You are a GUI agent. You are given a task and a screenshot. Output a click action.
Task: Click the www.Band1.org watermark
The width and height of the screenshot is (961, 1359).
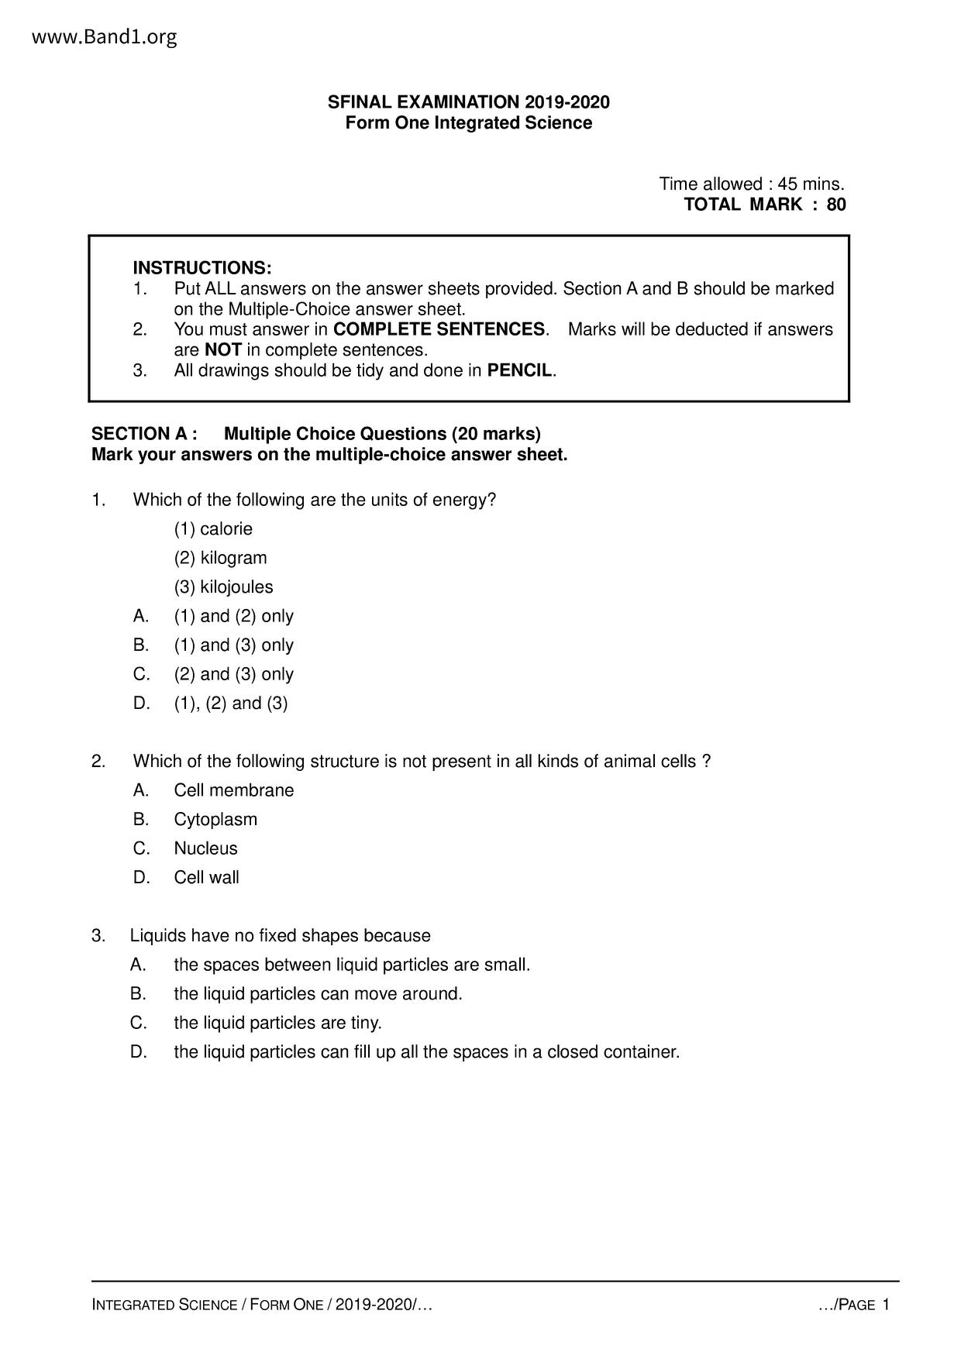click(x=105, y=36)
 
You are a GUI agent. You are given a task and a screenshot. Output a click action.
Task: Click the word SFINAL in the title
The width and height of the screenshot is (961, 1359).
click(x=360, y=102)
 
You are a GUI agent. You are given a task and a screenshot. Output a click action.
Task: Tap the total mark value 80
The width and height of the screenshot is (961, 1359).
click(x=836, y=205)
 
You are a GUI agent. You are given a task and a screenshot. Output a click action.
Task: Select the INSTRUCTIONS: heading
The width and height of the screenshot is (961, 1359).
click(x=202, y=268)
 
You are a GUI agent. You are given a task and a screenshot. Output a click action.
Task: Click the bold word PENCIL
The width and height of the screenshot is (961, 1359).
click(x=519, y=370)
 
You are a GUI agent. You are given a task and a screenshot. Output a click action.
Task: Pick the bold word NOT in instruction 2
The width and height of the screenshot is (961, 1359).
click(x=223, y=350)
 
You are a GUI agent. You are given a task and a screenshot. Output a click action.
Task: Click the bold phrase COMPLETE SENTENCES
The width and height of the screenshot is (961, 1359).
click(x=439, y=329)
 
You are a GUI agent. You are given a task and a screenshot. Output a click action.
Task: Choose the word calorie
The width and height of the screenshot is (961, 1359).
click(x=226, y=529)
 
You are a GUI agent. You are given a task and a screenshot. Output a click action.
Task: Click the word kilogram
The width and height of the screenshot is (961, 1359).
click(x=233, y=558)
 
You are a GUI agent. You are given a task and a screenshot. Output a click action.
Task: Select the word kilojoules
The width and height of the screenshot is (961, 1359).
click(x=236, y=587)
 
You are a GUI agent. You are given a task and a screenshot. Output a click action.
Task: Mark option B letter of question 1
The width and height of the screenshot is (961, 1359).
click(x=140, y=645)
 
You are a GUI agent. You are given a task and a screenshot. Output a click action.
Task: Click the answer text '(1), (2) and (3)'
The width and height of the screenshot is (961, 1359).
click(x=231, y=704)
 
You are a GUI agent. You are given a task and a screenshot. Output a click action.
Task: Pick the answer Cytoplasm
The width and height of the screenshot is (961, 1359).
click(x=215, y=820)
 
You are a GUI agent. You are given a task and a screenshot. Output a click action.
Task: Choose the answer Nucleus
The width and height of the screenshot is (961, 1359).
click(x=205, y=848)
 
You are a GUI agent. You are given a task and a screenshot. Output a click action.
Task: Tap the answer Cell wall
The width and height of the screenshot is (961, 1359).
click(x=206, y=878)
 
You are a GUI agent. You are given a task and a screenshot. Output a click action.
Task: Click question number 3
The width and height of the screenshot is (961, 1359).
click(x=98, y=936)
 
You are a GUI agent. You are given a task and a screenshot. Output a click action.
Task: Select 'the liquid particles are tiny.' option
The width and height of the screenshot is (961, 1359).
click(x=277, y=1024)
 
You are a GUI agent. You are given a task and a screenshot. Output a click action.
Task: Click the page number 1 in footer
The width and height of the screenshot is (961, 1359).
click(x=886, y=1305)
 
